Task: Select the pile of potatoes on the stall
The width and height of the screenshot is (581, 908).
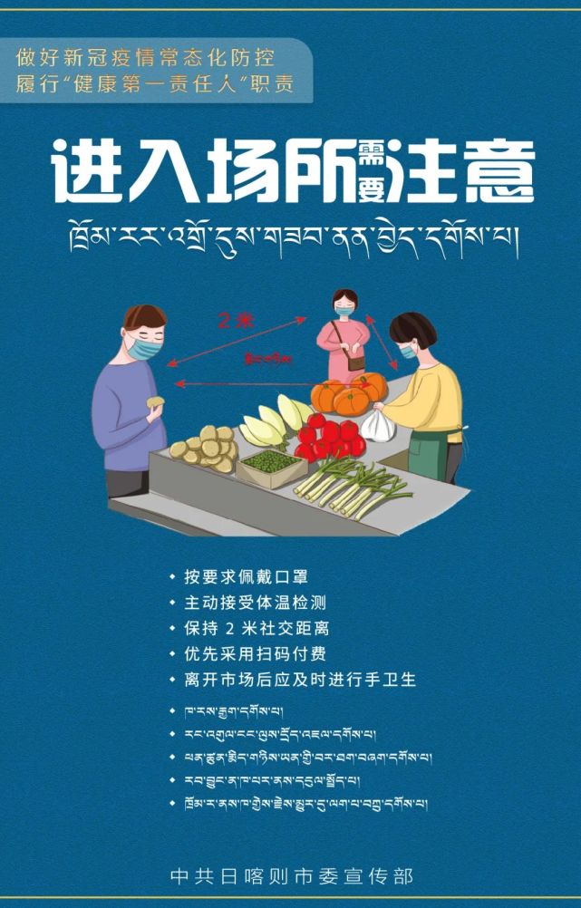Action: click(x=206, y=448)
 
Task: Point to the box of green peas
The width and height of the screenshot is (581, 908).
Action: click(x=270, y=462)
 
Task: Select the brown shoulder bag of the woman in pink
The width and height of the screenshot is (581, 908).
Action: click(x=354, y=360)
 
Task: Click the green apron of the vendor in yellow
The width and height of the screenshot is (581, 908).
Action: click(x=433, y=459)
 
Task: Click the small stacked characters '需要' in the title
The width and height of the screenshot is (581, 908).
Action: click(x=373, y=169)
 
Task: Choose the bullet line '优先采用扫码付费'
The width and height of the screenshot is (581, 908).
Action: click(x=254, y=653)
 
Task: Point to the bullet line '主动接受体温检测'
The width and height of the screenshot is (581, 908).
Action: click(x=254, y=602)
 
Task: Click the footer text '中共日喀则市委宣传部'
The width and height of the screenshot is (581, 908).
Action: click(x=290, y=875)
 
